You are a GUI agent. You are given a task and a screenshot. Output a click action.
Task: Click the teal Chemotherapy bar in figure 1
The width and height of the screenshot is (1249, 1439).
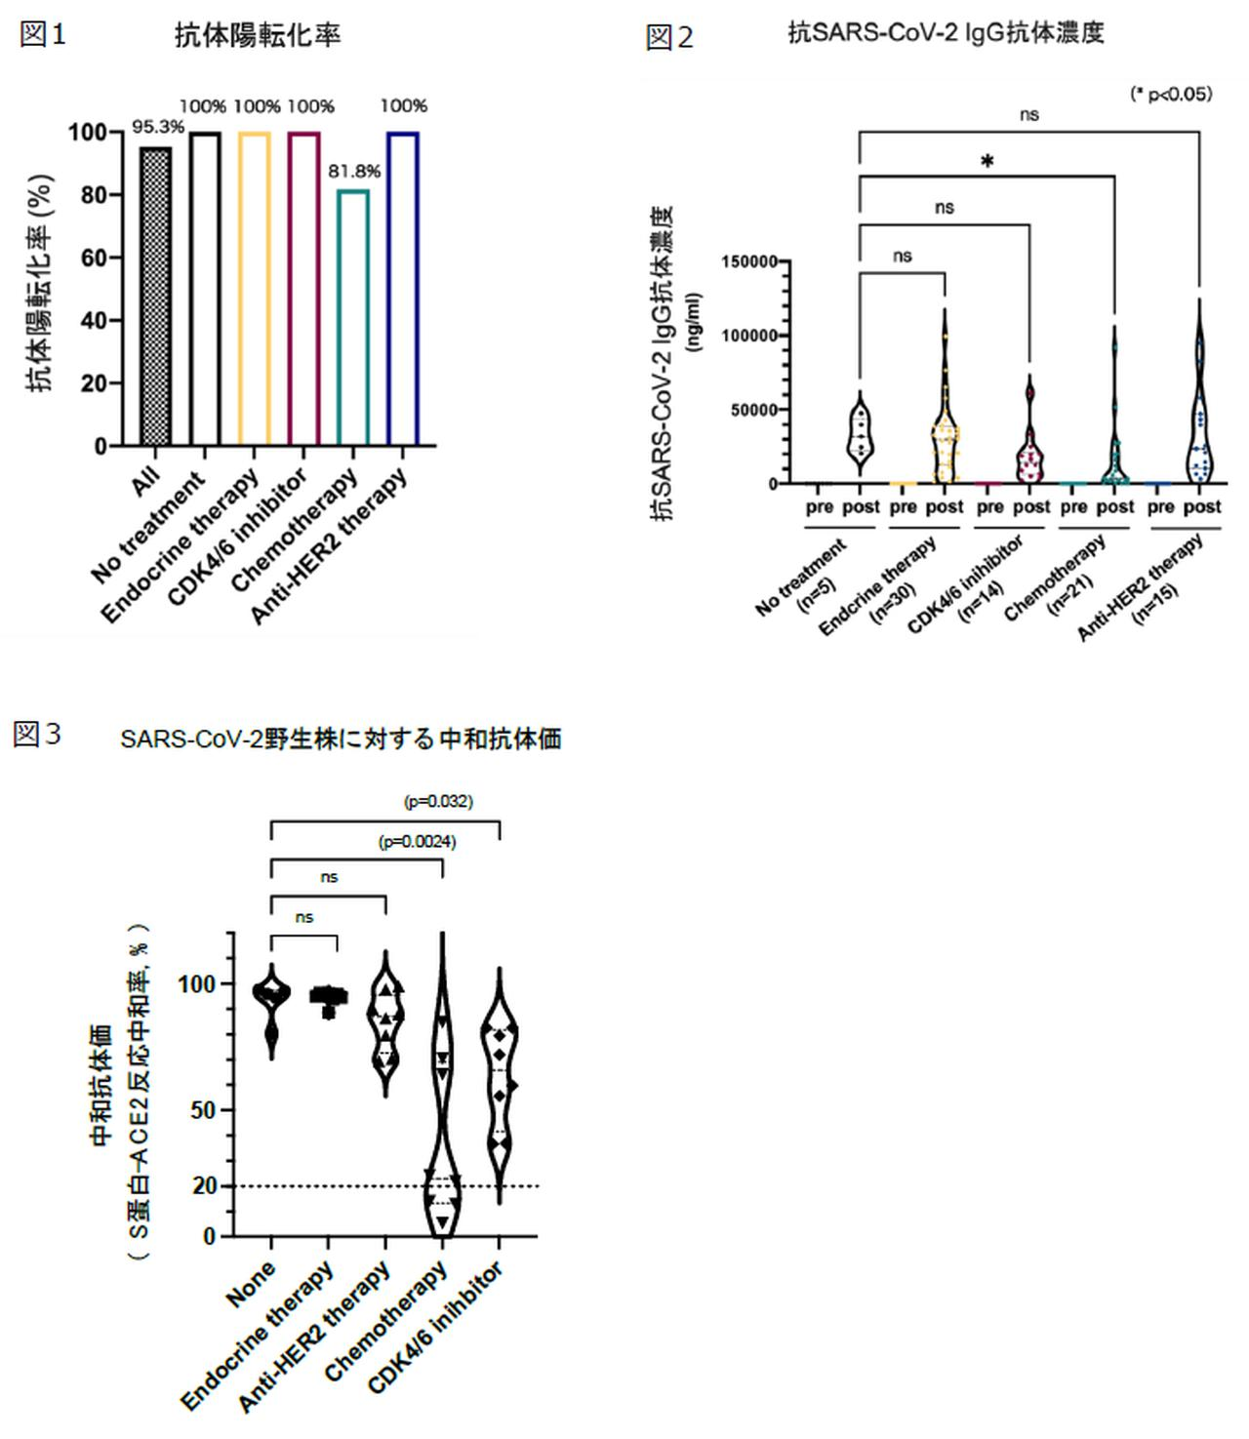click(353, 317)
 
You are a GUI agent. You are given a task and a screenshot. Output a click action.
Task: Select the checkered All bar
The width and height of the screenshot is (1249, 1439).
click(155, 297)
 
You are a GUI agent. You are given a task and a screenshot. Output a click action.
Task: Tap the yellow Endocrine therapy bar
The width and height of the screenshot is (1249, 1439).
click(254, 289)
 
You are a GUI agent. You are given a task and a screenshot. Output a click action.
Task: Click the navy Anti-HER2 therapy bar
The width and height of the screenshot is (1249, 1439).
click(403, 289)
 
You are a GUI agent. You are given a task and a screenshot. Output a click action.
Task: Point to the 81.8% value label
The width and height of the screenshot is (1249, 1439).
click(354, 172)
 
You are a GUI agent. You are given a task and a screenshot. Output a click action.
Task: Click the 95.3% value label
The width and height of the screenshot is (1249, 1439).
click(158, 127)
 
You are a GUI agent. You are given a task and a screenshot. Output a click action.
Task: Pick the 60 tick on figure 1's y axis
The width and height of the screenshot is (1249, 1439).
click(87, 258)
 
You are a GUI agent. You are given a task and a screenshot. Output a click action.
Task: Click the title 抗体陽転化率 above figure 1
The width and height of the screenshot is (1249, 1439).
click(258, 36)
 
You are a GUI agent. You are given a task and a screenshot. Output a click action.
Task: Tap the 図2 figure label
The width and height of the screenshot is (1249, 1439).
click(669, 38)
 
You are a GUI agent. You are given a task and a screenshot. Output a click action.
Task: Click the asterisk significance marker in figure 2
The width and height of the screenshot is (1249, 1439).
click(987, 162)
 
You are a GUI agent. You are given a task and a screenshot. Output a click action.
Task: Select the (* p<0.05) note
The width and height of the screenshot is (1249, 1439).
click(1171, 94)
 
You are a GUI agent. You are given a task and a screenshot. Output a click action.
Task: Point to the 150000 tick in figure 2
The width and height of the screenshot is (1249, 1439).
click(749, 261)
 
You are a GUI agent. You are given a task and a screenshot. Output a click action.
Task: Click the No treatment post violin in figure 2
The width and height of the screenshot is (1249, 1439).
click(860, 433)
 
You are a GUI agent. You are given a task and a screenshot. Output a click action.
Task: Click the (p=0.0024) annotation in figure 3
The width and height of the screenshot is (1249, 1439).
click(417, 841)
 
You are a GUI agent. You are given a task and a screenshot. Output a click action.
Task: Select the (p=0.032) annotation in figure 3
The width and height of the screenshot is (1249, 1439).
click(438, 801)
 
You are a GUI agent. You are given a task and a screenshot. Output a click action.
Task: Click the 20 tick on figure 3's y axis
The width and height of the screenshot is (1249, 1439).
click(206, 1185)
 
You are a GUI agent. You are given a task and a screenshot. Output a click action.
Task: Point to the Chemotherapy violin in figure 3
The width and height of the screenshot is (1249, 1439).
click(442, 1093)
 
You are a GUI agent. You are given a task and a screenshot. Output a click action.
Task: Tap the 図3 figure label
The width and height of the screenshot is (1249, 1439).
click(37, 735)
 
